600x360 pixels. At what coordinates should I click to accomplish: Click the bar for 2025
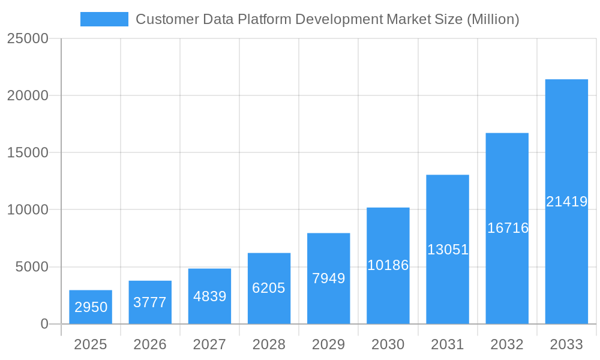click(x=91, y=307)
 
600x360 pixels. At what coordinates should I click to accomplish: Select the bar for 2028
click(x=269, y=289)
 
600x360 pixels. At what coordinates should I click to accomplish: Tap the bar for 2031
click(x=448, y=249)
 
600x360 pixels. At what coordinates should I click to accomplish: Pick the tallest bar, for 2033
click(x=566, y=202)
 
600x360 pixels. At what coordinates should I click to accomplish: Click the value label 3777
click(x=150, y=302)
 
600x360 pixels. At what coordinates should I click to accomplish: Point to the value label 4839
click(x=209, y=296)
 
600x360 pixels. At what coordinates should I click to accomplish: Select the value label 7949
click(x=329, y=278)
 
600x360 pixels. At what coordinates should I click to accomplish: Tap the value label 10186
click(x=388, y=265)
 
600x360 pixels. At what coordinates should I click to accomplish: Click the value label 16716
click(x=508, y=228)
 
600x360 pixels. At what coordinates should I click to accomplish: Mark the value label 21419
click(x=566, y=202)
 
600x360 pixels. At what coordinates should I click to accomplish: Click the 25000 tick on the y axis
click(x=28, y=38)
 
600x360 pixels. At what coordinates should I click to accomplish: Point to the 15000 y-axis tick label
click(x=28, y=152)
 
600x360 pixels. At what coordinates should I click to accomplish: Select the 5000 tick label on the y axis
click(x=32, y=267)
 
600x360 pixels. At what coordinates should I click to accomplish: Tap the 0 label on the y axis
click(x=44, y=324)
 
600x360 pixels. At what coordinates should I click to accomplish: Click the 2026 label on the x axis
click(x=150, y=344)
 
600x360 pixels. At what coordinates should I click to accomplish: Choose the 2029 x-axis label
click(x=329, y=344)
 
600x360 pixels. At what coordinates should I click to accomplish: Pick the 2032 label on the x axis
click(x=507, y=344)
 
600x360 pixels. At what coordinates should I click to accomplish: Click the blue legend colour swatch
click(x=104, y=19)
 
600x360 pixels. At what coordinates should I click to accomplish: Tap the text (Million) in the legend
click(x=493, y=19)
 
